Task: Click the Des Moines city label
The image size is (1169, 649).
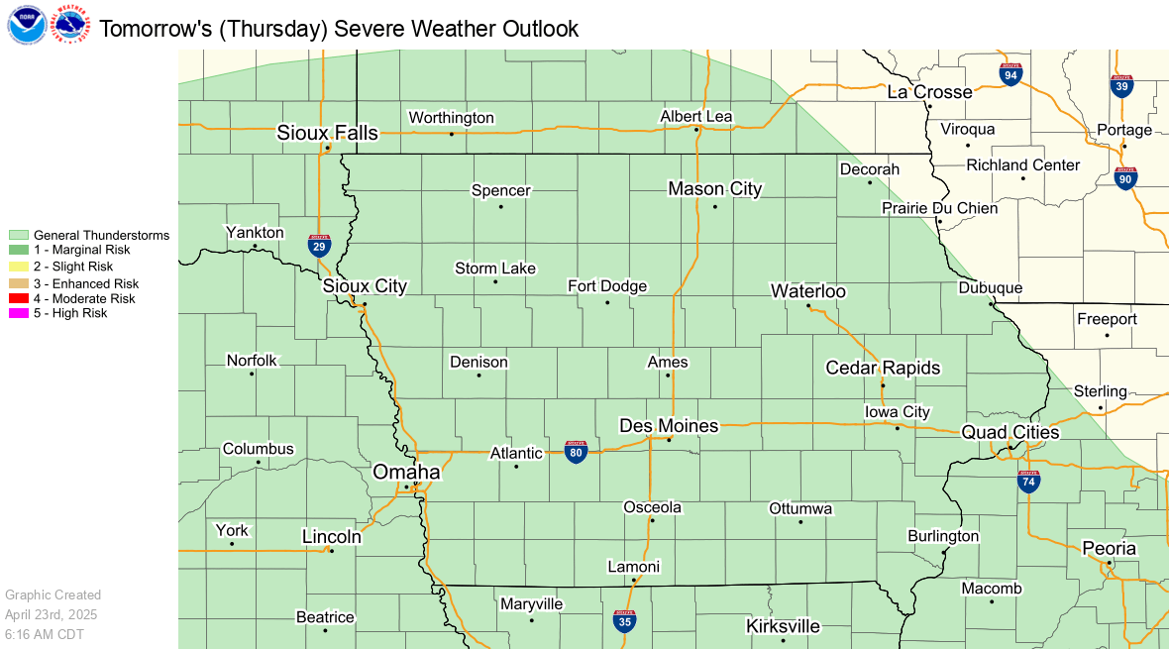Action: (669, 426)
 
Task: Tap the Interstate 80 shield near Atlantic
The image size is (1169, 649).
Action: (576, 452)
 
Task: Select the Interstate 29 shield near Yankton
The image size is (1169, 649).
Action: (319, 246)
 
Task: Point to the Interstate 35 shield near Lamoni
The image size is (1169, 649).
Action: (624, 620)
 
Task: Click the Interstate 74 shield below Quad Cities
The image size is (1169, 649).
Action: (1028, 482)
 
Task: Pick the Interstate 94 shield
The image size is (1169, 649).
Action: (1010, 74)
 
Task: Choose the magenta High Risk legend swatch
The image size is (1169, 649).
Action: (19, 313)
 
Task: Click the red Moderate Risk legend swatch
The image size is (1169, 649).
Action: (19, 298)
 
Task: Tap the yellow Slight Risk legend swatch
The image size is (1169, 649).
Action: (19, 267)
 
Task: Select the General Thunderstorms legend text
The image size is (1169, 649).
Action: (101, 235)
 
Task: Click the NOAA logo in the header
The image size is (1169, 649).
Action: (26, 25)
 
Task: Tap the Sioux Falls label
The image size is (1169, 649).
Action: (327, 133)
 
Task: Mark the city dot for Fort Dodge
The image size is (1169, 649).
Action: (608, 301)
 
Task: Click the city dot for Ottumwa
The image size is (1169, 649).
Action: (800, 521)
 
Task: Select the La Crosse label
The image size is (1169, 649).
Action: (929, 92)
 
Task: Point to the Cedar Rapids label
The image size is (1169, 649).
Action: (883, 368)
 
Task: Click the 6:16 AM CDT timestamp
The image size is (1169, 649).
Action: (47, 632)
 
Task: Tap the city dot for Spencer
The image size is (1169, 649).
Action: (501, 206)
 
